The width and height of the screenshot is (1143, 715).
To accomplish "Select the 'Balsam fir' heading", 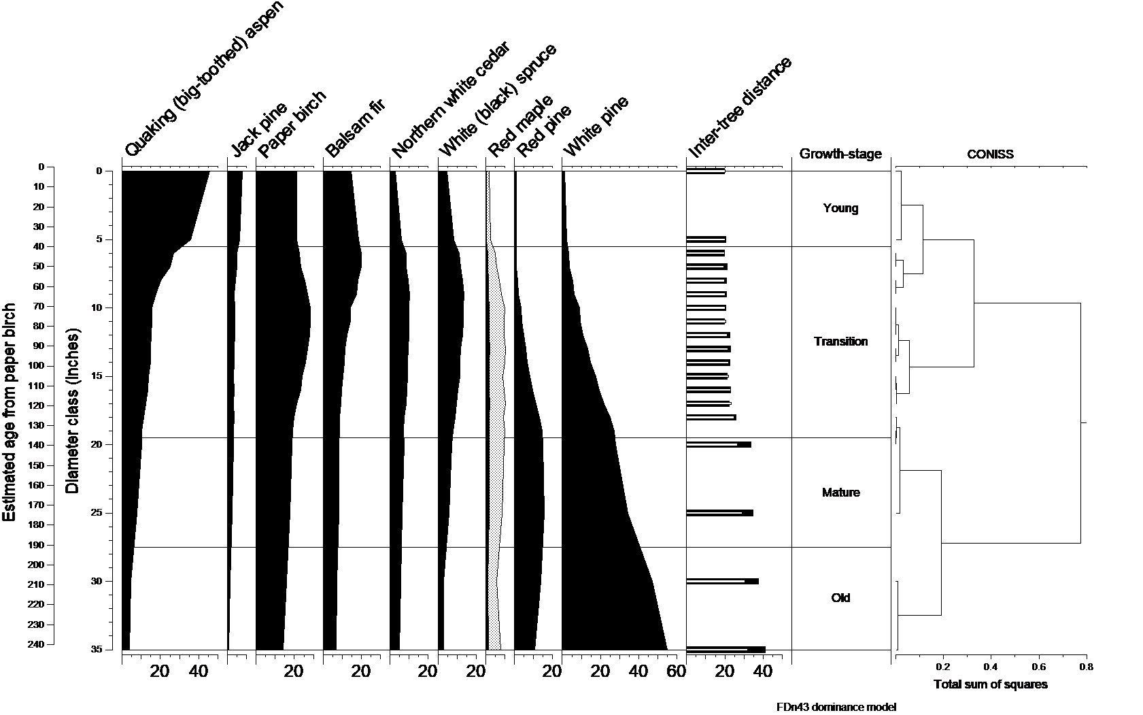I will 355,128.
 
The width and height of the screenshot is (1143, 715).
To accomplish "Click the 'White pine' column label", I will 596,124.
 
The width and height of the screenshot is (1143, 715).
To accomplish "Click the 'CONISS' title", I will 990,154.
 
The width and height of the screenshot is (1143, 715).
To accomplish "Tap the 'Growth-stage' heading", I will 840,154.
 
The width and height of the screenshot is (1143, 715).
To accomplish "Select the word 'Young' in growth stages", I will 840,208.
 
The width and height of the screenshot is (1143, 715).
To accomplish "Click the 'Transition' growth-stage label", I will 841,342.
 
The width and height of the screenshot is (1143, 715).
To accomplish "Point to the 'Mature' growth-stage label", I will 841,493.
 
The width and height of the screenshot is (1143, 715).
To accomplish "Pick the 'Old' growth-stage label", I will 841,598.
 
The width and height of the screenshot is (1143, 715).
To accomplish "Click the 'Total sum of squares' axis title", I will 990,684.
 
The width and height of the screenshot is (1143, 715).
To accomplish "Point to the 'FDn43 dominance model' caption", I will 836,707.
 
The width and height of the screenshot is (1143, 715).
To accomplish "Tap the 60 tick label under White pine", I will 677,672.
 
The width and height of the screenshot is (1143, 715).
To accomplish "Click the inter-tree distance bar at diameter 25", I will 719,513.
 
